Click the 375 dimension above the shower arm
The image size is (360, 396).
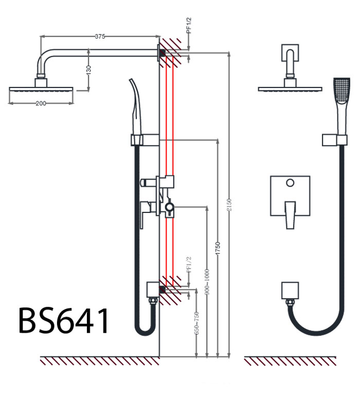point(100,36)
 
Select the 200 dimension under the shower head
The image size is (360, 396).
point(41,103)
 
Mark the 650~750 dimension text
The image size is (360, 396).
point(196,323)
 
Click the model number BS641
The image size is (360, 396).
point(64,321)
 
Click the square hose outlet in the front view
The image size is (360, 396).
point(290,291)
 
